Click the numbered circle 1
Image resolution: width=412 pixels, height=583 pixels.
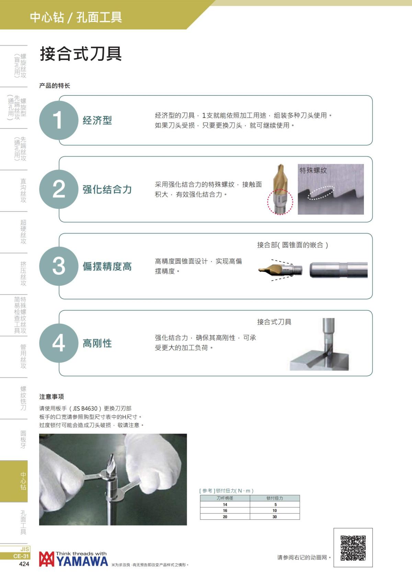tap(59, 120)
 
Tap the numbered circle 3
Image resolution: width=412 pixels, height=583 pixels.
tap(59, 266)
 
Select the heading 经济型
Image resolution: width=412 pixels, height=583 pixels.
tap(97, 121)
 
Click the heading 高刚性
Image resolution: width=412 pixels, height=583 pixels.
tap(97, 343)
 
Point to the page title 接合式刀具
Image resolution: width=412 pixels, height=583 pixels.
tap(81, 54)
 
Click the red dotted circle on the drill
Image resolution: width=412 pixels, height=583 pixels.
tap(280, 202)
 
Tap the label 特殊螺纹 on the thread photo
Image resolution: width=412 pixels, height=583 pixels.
tap(313, 170)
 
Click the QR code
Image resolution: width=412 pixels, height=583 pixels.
tap(353, 548)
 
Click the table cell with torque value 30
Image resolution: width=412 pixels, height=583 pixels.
tap(275, 517)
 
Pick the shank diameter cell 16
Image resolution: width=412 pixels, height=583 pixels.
tap(225, 511)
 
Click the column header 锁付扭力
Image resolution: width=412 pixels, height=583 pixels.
tap(275, 498)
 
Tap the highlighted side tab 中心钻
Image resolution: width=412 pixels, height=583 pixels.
tap(23, 481)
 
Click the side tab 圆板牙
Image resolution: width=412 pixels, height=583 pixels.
tap(23, 439)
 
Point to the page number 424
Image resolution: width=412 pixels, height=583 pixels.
tap(24, 564)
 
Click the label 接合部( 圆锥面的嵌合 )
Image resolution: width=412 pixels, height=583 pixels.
tap(293, 245)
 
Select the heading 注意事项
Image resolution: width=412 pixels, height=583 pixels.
tap(51, 397)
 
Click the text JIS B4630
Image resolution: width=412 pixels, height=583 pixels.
tap(85, 409)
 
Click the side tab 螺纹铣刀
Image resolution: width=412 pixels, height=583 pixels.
tap(23, 398)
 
